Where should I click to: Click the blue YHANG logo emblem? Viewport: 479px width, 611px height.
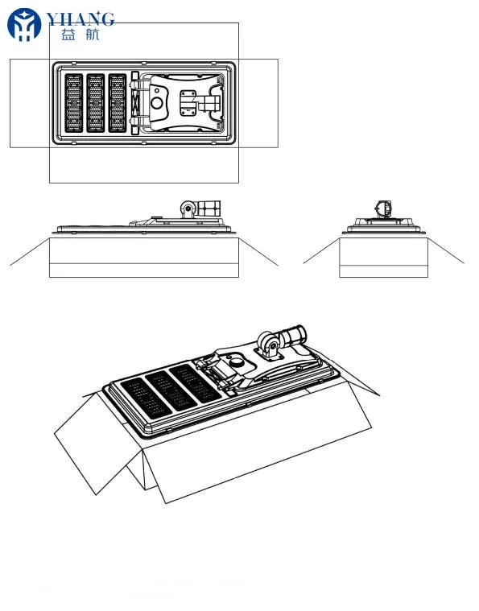(23, 25)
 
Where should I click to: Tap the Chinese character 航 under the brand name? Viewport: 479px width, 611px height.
(92, 35)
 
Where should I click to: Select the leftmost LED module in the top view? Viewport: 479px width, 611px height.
(73, 104)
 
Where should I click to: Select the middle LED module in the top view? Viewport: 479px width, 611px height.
(96, 104)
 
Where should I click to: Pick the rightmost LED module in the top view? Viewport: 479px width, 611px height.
(118, 104)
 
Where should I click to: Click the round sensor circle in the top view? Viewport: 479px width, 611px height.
(158, 104)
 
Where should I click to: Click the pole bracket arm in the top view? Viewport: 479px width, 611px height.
(212, 103)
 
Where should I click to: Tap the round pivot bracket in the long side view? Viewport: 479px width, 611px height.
(188, 209)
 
